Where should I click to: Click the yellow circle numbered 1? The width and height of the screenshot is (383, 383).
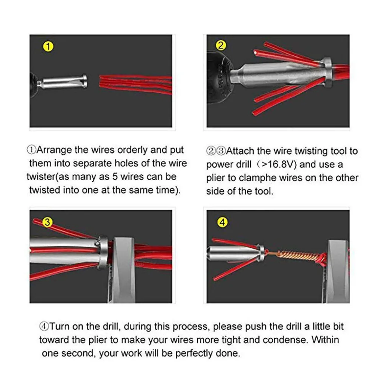pos(48,46)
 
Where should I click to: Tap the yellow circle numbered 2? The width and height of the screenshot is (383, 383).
pos(221,45)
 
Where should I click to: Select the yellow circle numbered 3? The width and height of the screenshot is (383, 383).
pos(48,222)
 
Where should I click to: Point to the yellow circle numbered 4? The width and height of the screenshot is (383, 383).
pos(222,223)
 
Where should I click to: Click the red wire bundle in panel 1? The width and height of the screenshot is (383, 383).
pos(135,84)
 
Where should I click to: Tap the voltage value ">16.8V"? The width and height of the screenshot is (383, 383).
pos(278,165)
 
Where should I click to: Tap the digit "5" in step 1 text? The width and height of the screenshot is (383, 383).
pos(115,177)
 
